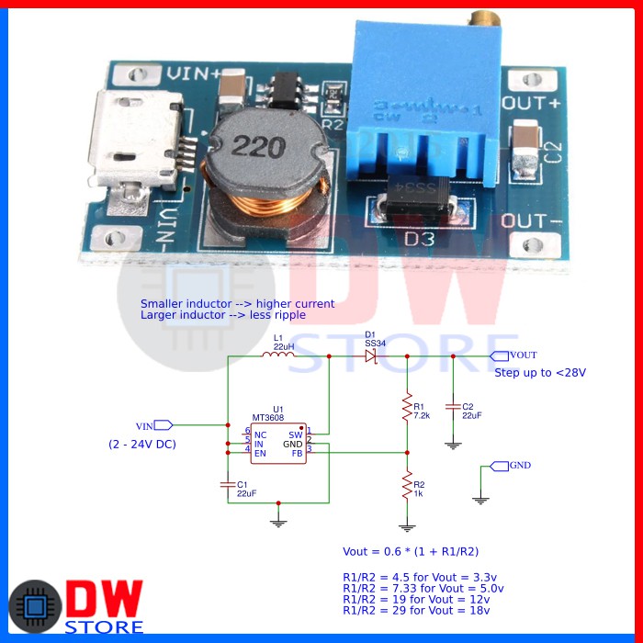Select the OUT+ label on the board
pyautogui.click(x=530, y=102)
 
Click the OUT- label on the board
pyautogui.click(x=531, y=221)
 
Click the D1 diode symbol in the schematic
pyautogui.click(x=371, y=355)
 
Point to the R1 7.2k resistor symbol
pyautogui.click(x=406, y=409)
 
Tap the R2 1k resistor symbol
pyautogui.click(x=406, y=487)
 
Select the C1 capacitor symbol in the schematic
pyautogui.click(x=228, y=484)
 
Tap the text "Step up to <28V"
pyautogui.click(x=540, y=373)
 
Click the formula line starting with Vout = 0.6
pyautogui.click(x=411, y=552)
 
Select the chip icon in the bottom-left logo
pyautogui.click(x=31, y=607)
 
